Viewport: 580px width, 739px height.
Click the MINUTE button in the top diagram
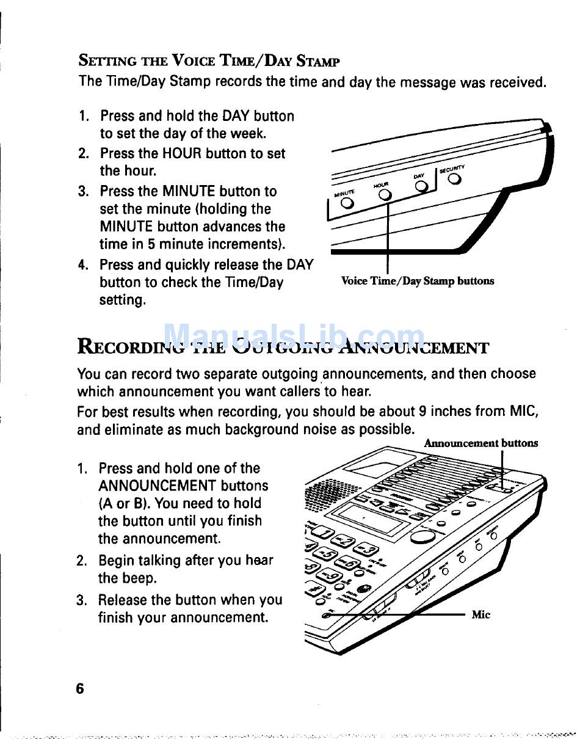(347, 203)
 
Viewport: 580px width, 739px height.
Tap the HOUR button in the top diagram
(384, 194)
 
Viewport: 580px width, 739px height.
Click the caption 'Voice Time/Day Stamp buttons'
(417, 281)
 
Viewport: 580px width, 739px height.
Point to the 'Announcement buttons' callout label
(481, 443)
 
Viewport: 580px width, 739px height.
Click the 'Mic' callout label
(481, 614)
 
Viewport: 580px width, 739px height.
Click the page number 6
(79, 688)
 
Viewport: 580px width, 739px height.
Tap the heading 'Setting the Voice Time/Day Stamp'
(209, 61)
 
